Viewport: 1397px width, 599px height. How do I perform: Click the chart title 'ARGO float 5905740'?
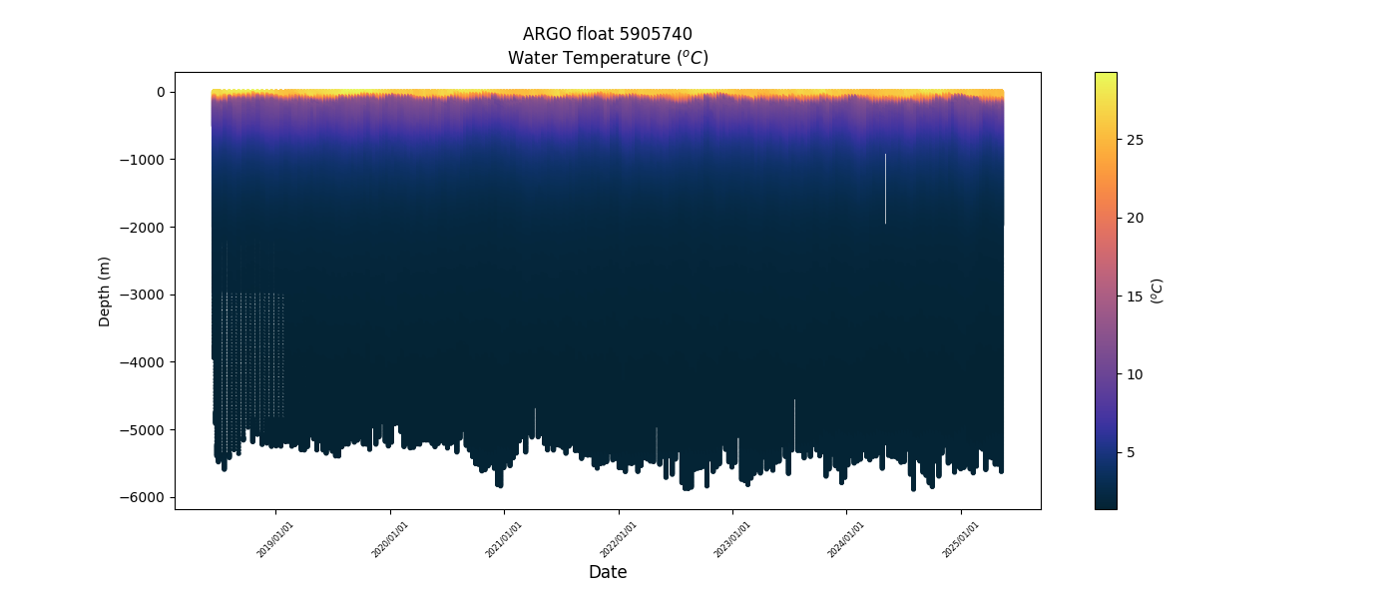[607, 34]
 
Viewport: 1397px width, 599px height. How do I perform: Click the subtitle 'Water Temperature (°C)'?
[607, 58]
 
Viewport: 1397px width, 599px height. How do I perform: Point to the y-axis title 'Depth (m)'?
[104, 291]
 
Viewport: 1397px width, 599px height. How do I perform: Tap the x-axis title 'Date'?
[607, 572]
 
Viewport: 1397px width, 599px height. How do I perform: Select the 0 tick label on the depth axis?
[160, 92]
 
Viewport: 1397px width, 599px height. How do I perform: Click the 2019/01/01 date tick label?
[276, 538]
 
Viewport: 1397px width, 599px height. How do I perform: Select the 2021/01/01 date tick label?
[505, 538]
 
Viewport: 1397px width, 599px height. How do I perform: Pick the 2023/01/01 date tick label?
[733, 538]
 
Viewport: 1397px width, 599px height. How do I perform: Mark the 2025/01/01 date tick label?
[962, 538]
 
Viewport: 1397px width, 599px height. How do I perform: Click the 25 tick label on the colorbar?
[1135, 140]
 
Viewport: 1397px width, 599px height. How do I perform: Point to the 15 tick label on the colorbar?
[1135, 297]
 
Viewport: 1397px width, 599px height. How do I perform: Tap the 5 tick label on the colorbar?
[1132, 452]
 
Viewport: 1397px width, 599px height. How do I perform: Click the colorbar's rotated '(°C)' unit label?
[1157, 291]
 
